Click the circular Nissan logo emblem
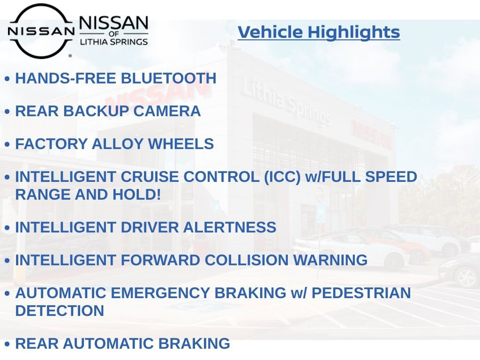click(41, 31)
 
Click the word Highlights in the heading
click(354, 32)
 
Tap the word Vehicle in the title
click(270, 32)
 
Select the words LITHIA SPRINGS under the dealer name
click(114, 42)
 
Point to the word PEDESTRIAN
click(361, 293)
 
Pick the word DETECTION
click(60, 310)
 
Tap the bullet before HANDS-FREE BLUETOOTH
click(7, 79)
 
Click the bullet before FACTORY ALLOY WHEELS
click(7, 145)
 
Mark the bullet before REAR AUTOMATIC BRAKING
click(7, 345)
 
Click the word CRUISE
click(150, 177)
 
